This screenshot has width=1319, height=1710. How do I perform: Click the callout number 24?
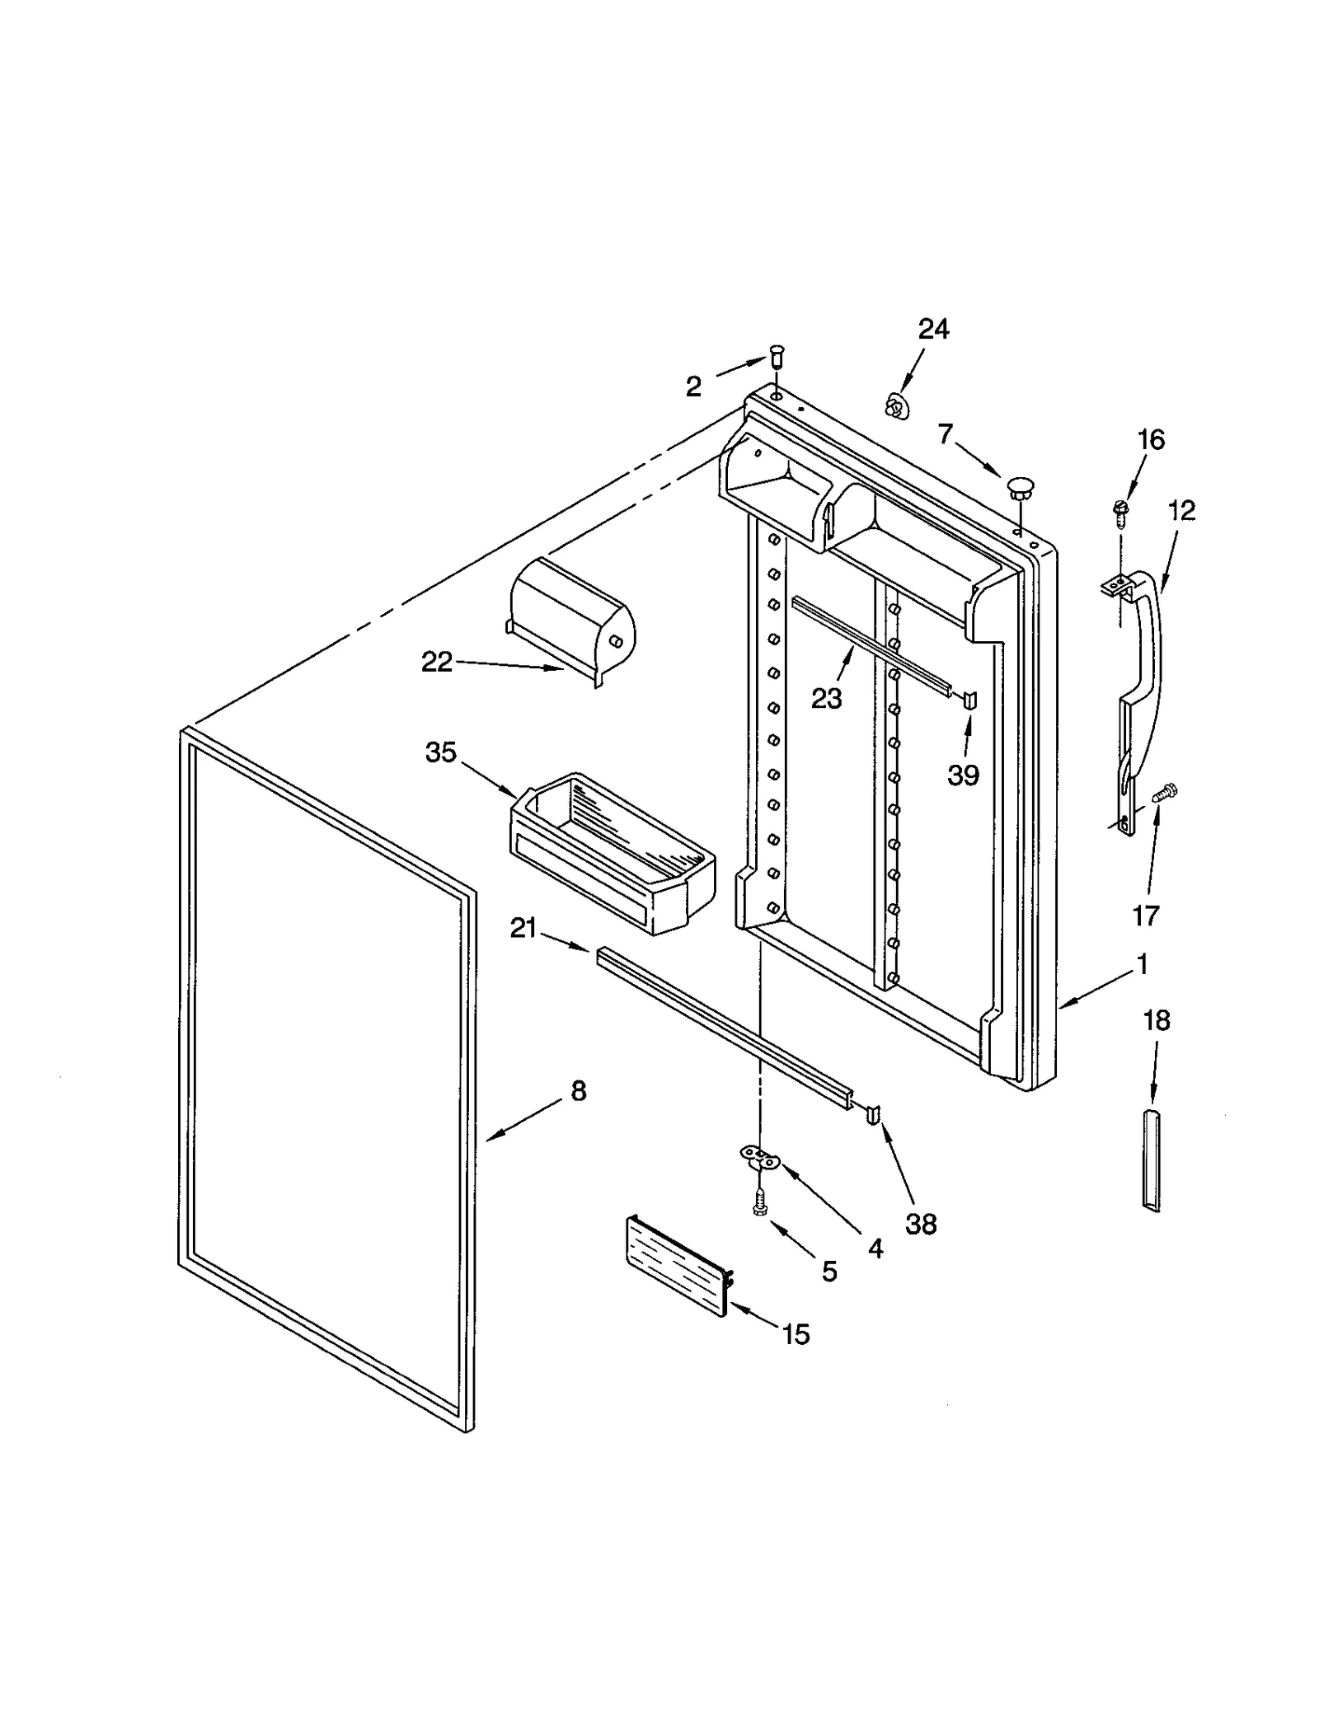pyautogui.click(x=933, y=330)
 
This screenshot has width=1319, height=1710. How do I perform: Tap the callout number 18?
pyautogui.click(x=1156, y=1020)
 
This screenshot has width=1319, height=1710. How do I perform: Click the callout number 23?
pyautogui.click(x=826, y=698)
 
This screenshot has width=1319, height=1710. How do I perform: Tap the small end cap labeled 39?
pyautogui.click(x=970, y=700)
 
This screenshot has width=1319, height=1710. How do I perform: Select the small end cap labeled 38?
pyautogui.click(x=873, y=1114)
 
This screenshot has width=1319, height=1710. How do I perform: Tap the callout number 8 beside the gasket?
pyautogui.click(x=578, y=1091)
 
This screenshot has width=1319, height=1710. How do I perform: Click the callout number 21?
pyautogui.click(x=523, y=929)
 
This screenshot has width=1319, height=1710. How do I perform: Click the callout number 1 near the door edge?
pyautogui.click(x=1142, y=963)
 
